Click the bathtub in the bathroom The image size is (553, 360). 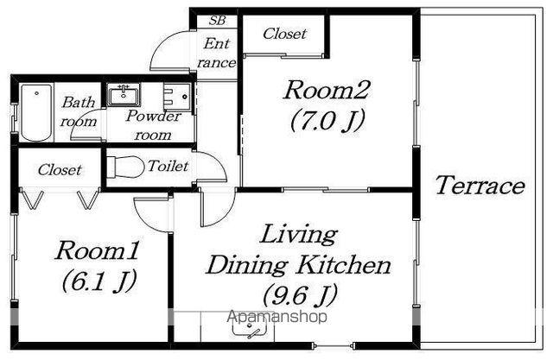point(36,112)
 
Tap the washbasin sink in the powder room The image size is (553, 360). point(123,95)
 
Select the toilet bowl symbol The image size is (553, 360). point(125,167)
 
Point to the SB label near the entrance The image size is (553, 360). point(217,21)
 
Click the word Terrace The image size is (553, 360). point(480,186)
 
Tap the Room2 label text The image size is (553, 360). point(327,90)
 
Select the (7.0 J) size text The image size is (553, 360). point(327,120)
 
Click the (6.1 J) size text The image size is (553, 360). point(99,281)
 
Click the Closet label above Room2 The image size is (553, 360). point(284,34)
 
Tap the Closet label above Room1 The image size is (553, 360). point(60,170)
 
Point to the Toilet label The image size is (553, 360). point(168,166)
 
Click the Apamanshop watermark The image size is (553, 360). point(277,317)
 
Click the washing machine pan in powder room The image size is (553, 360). point(179,96)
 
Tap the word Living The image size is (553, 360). point(298,236)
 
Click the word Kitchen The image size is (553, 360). point(343,265)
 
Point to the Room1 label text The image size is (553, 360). point(97,250)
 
